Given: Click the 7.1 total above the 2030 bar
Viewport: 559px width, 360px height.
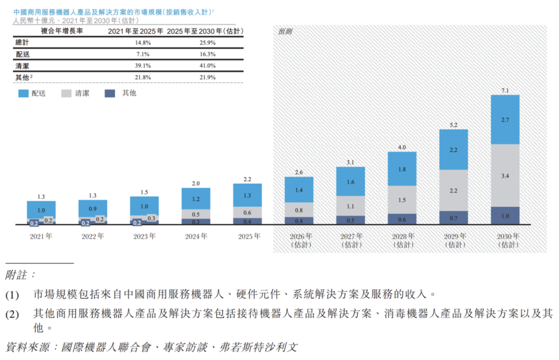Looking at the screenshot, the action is click(505, 91).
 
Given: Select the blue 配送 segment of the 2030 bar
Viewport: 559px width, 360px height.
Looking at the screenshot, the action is click(505, 120).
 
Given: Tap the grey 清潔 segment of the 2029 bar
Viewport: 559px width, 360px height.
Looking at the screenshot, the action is click(453, 190).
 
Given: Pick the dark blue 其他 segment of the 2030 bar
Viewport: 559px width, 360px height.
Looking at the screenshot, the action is click(505, 216).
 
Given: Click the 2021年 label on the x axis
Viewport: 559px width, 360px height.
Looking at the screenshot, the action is click(41, 236).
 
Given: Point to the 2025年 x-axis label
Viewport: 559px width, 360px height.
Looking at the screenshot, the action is click(249, 236).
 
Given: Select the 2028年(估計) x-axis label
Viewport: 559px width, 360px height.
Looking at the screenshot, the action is click(403, 240).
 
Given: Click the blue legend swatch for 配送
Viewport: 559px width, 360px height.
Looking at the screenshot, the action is click(23, 93).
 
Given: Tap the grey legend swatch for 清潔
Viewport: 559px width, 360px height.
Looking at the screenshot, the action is click(67, 93).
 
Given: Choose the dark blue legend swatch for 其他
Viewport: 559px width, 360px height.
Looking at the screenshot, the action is click(110, 93).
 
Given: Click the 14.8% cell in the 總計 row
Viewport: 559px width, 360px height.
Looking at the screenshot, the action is click(143, 43).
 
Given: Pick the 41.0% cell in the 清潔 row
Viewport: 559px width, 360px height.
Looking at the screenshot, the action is click(207, 65).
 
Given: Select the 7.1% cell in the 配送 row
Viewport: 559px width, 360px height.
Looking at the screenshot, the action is click(143, 54).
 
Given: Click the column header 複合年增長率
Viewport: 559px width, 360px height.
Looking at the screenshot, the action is click(61, 31).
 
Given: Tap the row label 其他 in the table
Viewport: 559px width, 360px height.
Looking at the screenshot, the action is click(22, 77).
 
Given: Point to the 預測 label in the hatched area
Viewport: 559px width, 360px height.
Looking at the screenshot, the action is click(285, 32).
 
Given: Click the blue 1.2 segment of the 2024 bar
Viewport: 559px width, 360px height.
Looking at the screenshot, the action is click(196, 198).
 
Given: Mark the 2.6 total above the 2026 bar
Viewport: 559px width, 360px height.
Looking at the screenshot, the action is click(299, 173).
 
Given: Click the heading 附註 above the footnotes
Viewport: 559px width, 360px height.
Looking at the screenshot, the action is click(20, 275).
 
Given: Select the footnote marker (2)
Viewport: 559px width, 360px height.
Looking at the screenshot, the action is click(12, 314).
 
